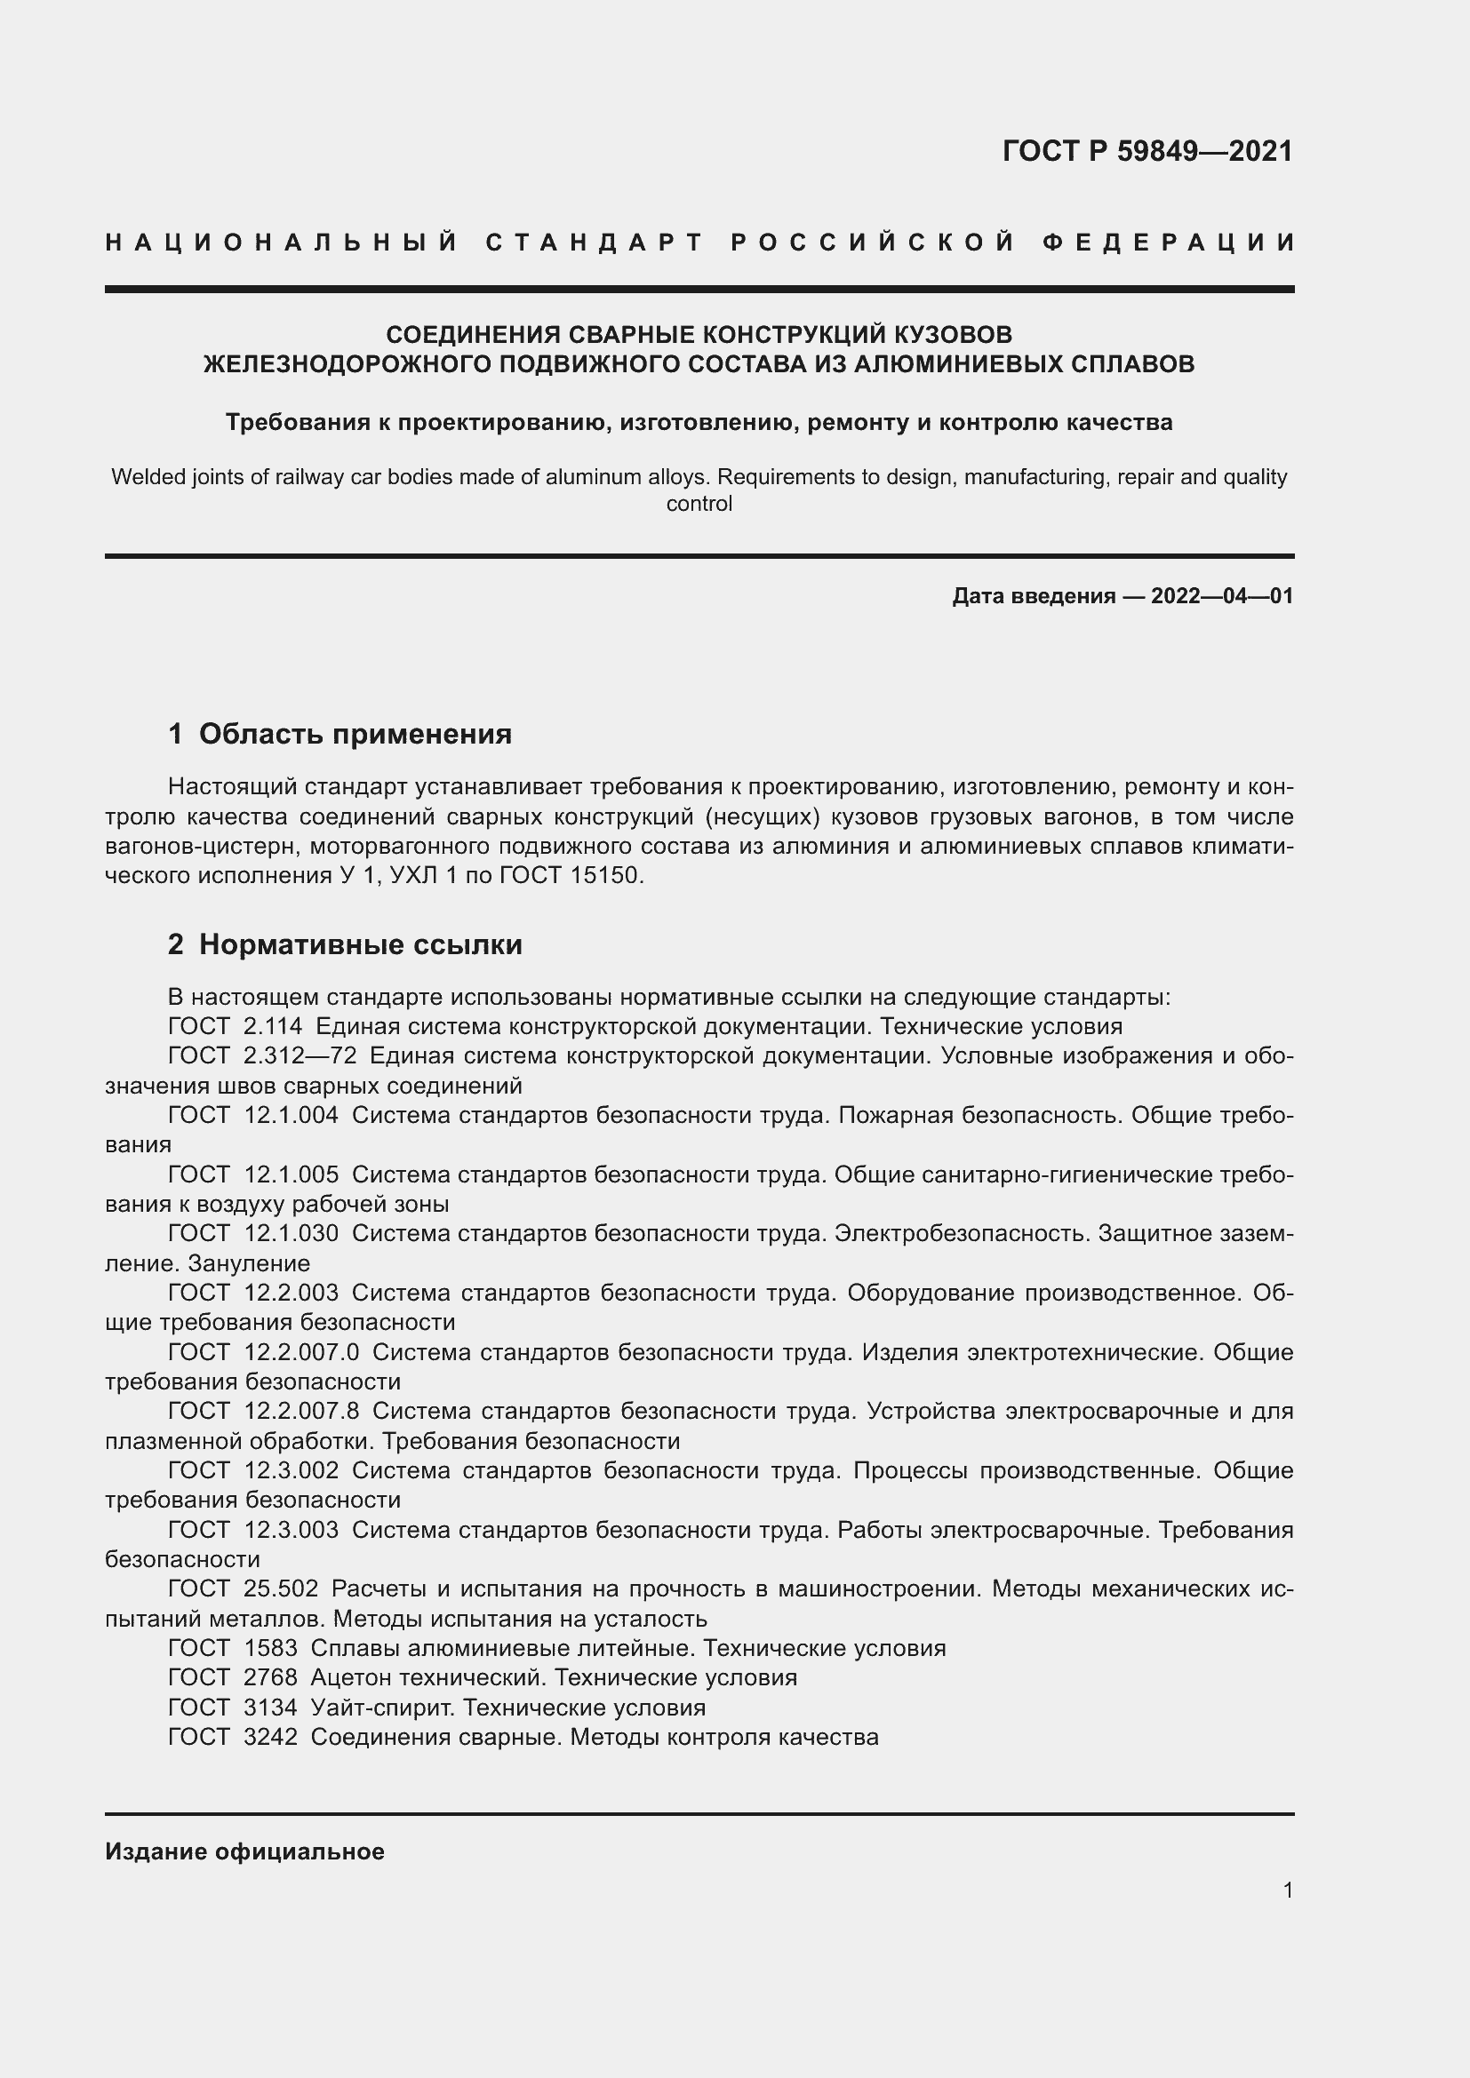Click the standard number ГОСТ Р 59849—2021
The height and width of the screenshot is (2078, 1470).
pos(1146,151)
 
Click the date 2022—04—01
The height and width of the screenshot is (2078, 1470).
pos(1222,595)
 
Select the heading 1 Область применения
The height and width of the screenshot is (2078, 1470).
pos(340,733)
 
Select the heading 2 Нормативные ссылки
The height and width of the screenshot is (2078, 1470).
pos(345,944)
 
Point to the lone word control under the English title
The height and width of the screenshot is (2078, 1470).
pos(699,504)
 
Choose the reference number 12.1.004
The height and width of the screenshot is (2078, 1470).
pos(291,1115)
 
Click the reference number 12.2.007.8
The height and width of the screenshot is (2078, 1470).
pos(301,1411)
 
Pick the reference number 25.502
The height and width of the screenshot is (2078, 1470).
pos(281,1588)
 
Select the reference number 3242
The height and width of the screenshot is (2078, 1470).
pos(270,1737)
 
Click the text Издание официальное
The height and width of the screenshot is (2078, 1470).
pos(244,1851)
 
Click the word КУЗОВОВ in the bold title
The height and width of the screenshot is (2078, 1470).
pos(953,335)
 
